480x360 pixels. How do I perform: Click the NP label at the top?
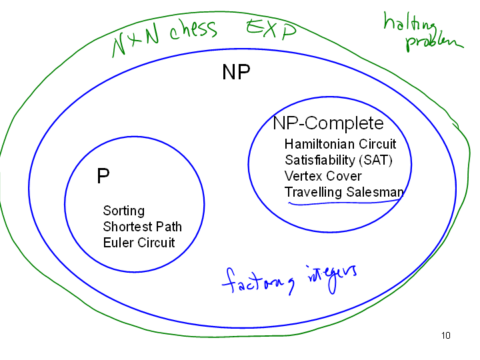tap(236, 73)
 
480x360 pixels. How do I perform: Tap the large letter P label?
tap(103, 176)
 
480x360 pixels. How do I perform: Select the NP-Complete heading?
tap(328, 123)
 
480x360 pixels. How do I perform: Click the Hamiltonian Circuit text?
tap(340, 144)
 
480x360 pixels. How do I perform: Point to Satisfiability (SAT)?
tap(338, 160)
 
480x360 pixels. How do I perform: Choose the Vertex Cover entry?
tap(323, 176)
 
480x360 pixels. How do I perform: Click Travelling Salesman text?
tap(344, 192)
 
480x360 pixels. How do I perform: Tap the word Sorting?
tap(123, 211)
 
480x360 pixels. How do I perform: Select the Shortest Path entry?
tap(142, 227)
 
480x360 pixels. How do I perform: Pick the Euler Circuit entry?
tap(139, 243)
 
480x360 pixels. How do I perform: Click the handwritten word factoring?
tap(261, 281)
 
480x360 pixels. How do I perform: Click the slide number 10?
tap(446, 335)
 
